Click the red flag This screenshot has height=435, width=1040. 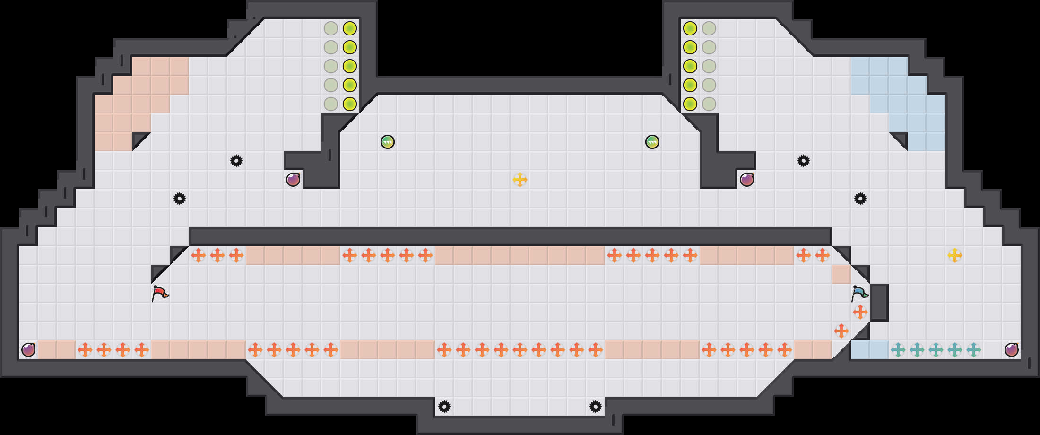point(160,293)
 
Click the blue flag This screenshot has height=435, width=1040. point(859,293)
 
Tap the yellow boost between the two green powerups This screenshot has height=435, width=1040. point(520,180)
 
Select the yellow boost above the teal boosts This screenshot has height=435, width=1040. point(955,255)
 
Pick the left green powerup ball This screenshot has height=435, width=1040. point(388,142)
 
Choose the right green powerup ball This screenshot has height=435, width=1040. point(652,142)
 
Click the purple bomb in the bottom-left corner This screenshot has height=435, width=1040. point(28,350)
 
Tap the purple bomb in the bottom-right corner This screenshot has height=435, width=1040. point(1012,350)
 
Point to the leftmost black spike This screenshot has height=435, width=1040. point(180,199)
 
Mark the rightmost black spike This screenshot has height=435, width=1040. point(860,199)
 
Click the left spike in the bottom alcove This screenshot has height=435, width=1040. point(444,407)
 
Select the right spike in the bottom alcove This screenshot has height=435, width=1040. point(596,407)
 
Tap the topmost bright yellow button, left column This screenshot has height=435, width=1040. point(350,28)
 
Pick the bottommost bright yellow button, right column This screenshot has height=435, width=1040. point(690,104)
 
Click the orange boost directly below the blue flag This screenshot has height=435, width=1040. point(860,312)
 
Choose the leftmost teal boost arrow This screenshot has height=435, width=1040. point(898,350)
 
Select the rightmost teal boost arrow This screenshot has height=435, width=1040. point(974,350)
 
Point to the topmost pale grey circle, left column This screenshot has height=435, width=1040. point(331,28)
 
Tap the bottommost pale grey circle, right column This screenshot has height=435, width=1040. point(709,104)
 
